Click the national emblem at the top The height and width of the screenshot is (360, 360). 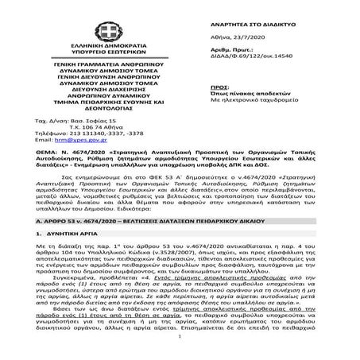point(83,14)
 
